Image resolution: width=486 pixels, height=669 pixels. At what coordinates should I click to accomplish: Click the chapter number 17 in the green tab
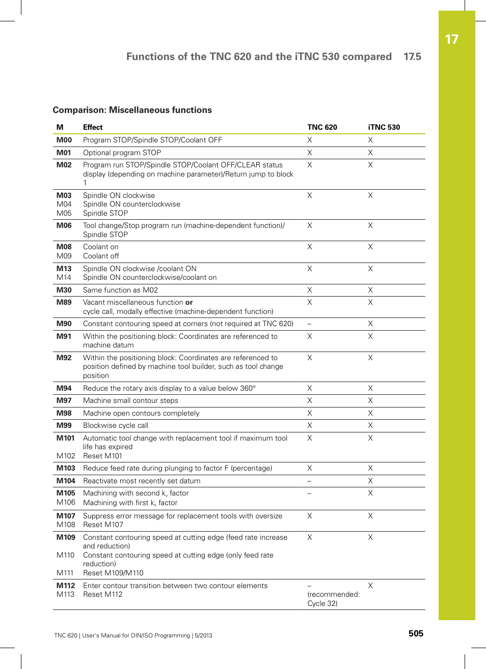[451, 40]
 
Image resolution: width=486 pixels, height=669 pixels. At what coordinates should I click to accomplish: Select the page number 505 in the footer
[416, 633]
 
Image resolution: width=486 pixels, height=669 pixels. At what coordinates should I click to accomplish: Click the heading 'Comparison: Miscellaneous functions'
[132, 110]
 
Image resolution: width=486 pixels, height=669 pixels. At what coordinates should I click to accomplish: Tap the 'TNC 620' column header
[322, 127]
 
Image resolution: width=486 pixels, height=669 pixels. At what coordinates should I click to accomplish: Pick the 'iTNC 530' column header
[384, 127]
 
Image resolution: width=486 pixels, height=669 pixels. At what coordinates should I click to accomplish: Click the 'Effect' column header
[93, 127]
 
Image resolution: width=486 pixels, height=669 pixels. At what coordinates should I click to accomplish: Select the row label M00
[64, 140]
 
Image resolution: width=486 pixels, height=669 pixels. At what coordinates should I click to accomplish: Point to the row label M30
[64, 290]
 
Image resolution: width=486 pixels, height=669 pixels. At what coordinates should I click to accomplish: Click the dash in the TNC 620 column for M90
[309, 324]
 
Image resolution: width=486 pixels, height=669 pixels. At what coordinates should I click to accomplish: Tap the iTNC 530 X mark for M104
[370, 481]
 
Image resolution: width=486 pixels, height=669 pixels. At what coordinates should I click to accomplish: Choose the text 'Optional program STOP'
[122, 153]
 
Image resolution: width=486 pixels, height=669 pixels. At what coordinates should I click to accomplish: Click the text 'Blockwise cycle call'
[116, 425]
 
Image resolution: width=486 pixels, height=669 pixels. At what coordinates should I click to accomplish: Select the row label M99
[64, 425]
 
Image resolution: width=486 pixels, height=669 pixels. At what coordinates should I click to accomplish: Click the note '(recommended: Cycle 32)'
[333, 599]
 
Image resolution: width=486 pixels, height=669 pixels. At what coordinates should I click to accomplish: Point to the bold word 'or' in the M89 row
[189, 302]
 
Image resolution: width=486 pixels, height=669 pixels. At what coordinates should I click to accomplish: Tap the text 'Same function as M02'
[120, 290]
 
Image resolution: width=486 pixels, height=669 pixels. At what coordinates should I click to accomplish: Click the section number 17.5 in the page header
[412, 56]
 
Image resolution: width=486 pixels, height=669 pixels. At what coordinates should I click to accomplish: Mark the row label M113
[65, 594]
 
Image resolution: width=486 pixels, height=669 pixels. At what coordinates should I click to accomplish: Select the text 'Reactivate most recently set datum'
[142, 481]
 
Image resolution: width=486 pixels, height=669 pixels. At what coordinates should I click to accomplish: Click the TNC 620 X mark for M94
[309, 388]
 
